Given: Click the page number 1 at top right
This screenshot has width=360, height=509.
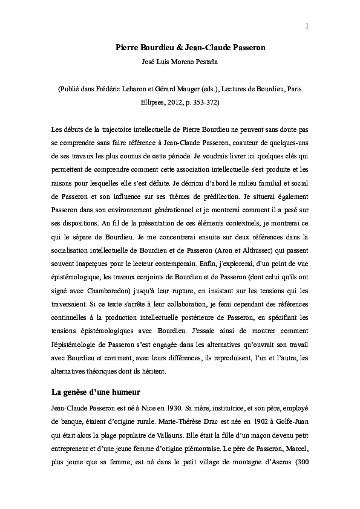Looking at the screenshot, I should pos(307,25).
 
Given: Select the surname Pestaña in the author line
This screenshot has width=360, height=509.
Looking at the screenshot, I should pos(205,61).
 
